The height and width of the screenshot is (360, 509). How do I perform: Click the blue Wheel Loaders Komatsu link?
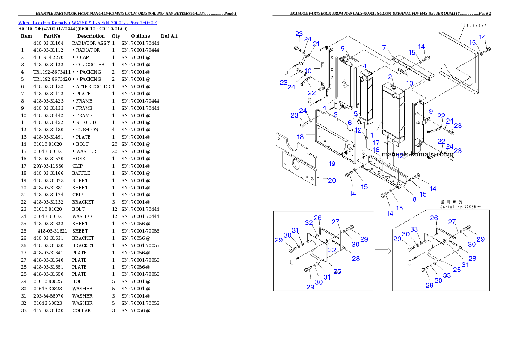88,22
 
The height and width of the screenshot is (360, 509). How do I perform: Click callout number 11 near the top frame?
462,26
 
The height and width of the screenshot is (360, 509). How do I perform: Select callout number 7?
384,47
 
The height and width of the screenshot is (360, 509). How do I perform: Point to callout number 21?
316,44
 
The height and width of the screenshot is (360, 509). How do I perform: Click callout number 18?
300,136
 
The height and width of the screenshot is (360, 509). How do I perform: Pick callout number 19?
331,163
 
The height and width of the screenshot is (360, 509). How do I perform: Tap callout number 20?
331,180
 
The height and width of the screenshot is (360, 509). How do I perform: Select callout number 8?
414,199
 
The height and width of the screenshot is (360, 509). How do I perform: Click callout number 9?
431,111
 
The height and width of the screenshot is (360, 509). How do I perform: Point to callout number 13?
410,83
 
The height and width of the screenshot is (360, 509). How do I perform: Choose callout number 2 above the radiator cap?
390,77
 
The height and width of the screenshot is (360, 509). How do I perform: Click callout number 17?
376,142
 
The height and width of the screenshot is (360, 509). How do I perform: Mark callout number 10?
308,71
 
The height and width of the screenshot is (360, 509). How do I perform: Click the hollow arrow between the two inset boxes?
382,251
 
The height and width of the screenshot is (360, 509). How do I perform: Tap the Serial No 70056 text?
460,207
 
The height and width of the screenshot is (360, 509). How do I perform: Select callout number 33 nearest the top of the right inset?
414,230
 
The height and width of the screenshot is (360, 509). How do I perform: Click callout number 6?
349,123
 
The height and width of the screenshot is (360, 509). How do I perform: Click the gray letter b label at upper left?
287,71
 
